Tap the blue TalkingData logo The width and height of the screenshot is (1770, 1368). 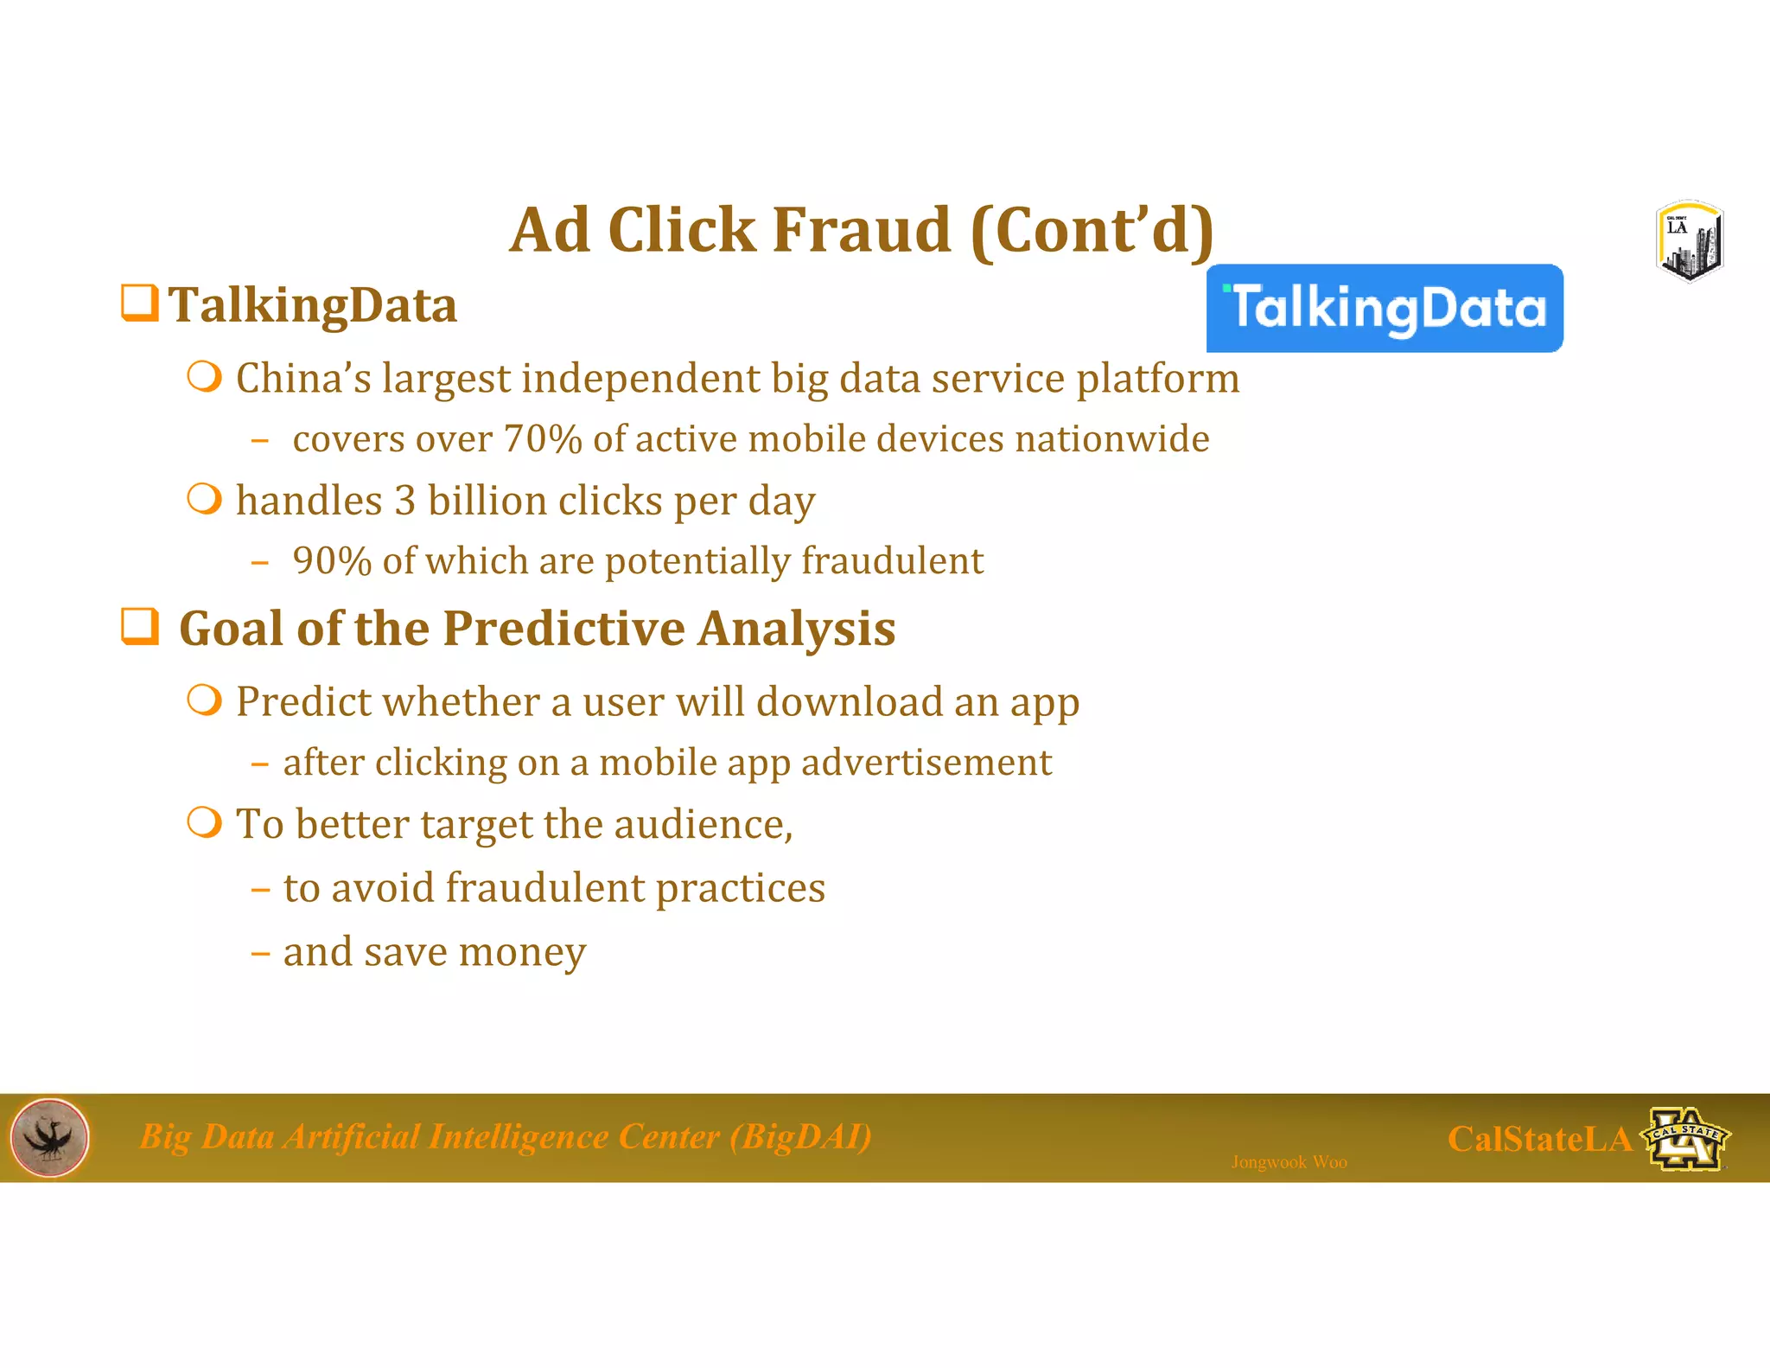pos(1385,309)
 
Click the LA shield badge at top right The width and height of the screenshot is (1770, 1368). pos(1690,242)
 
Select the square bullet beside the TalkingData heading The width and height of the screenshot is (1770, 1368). pos(139,304)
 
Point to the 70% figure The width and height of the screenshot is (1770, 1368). pos(543,439)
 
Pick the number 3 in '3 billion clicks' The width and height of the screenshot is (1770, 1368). pos(404,502)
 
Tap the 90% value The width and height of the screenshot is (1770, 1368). pos(332,561)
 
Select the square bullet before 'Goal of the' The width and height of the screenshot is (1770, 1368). pos(139,627)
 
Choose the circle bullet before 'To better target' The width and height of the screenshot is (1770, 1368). pos(205,823)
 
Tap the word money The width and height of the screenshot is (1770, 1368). pos(522,952)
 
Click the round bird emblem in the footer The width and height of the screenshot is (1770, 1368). pos(50,1138)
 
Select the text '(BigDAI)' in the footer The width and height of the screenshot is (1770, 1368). pos(800,1136)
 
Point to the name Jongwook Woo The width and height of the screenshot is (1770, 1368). pos(1289,1162)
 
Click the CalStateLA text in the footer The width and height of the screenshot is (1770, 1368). pos(1538,1139)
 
